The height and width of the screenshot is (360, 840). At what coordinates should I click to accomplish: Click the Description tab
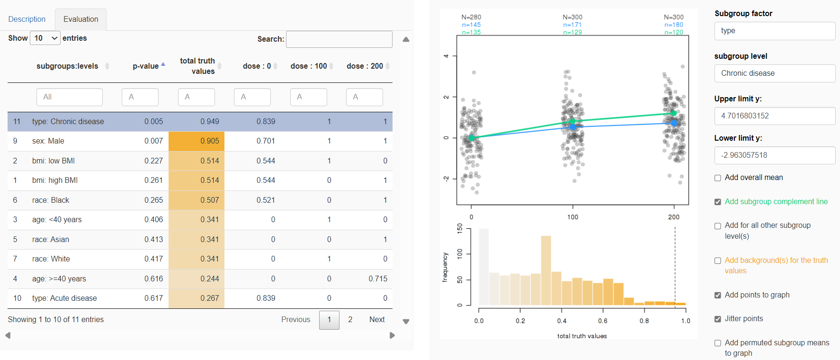point(27,19)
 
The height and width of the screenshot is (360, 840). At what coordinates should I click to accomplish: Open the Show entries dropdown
point(45,38)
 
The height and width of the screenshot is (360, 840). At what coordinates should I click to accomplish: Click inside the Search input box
point(339,39)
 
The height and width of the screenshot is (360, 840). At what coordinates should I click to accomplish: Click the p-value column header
point(146,66)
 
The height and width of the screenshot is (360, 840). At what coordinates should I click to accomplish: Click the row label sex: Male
point(48,141)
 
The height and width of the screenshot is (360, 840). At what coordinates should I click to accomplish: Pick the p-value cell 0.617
point(153,298)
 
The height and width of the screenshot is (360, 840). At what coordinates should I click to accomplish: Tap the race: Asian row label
point(51,240)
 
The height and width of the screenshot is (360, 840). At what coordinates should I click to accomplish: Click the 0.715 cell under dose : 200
point(377,279)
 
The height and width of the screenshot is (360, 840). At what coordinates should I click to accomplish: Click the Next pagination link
point(377,320)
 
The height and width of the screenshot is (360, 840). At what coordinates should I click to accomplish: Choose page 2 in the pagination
point(350,320)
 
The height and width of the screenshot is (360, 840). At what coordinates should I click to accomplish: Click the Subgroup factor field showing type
point(774,31)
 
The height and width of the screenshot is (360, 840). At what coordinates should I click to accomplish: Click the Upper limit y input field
point(774,116)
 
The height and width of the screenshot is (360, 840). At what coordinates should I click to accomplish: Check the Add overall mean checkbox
point(718,178)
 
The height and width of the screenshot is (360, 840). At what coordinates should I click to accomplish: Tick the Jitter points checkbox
point(718,319)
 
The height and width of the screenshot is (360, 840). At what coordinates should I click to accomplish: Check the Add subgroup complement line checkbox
point(718,202)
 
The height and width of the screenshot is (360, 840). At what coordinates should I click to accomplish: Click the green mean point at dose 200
point(674,113)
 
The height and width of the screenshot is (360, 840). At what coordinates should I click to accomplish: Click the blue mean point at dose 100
point(573,127)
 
